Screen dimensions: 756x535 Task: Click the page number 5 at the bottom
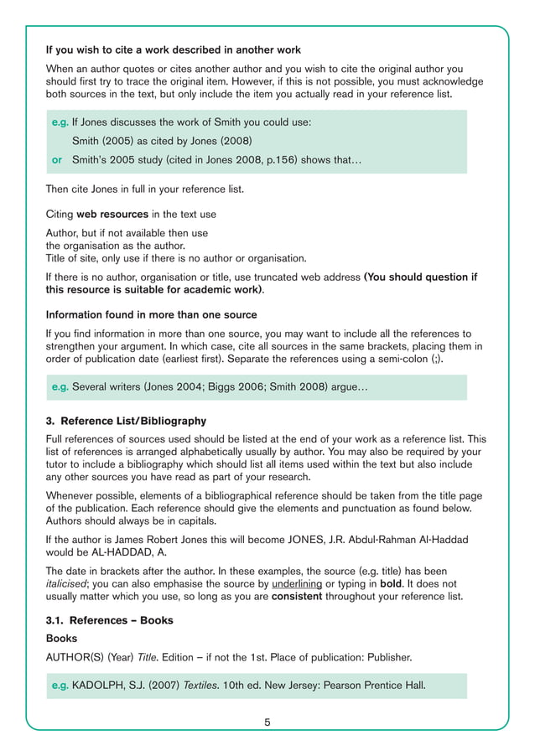point(267,722)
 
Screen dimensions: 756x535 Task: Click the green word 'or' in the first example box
point(58,159)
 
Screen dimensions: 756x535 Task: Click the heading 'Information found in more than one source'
point(151,315)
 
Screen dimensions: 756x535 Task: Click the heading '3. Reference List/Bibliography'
point(126,421)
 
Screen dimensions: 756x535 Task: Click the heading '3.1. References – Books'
point(109,619)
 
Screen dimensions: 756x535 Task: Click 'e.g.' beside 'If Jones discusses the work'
point(60,122)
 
